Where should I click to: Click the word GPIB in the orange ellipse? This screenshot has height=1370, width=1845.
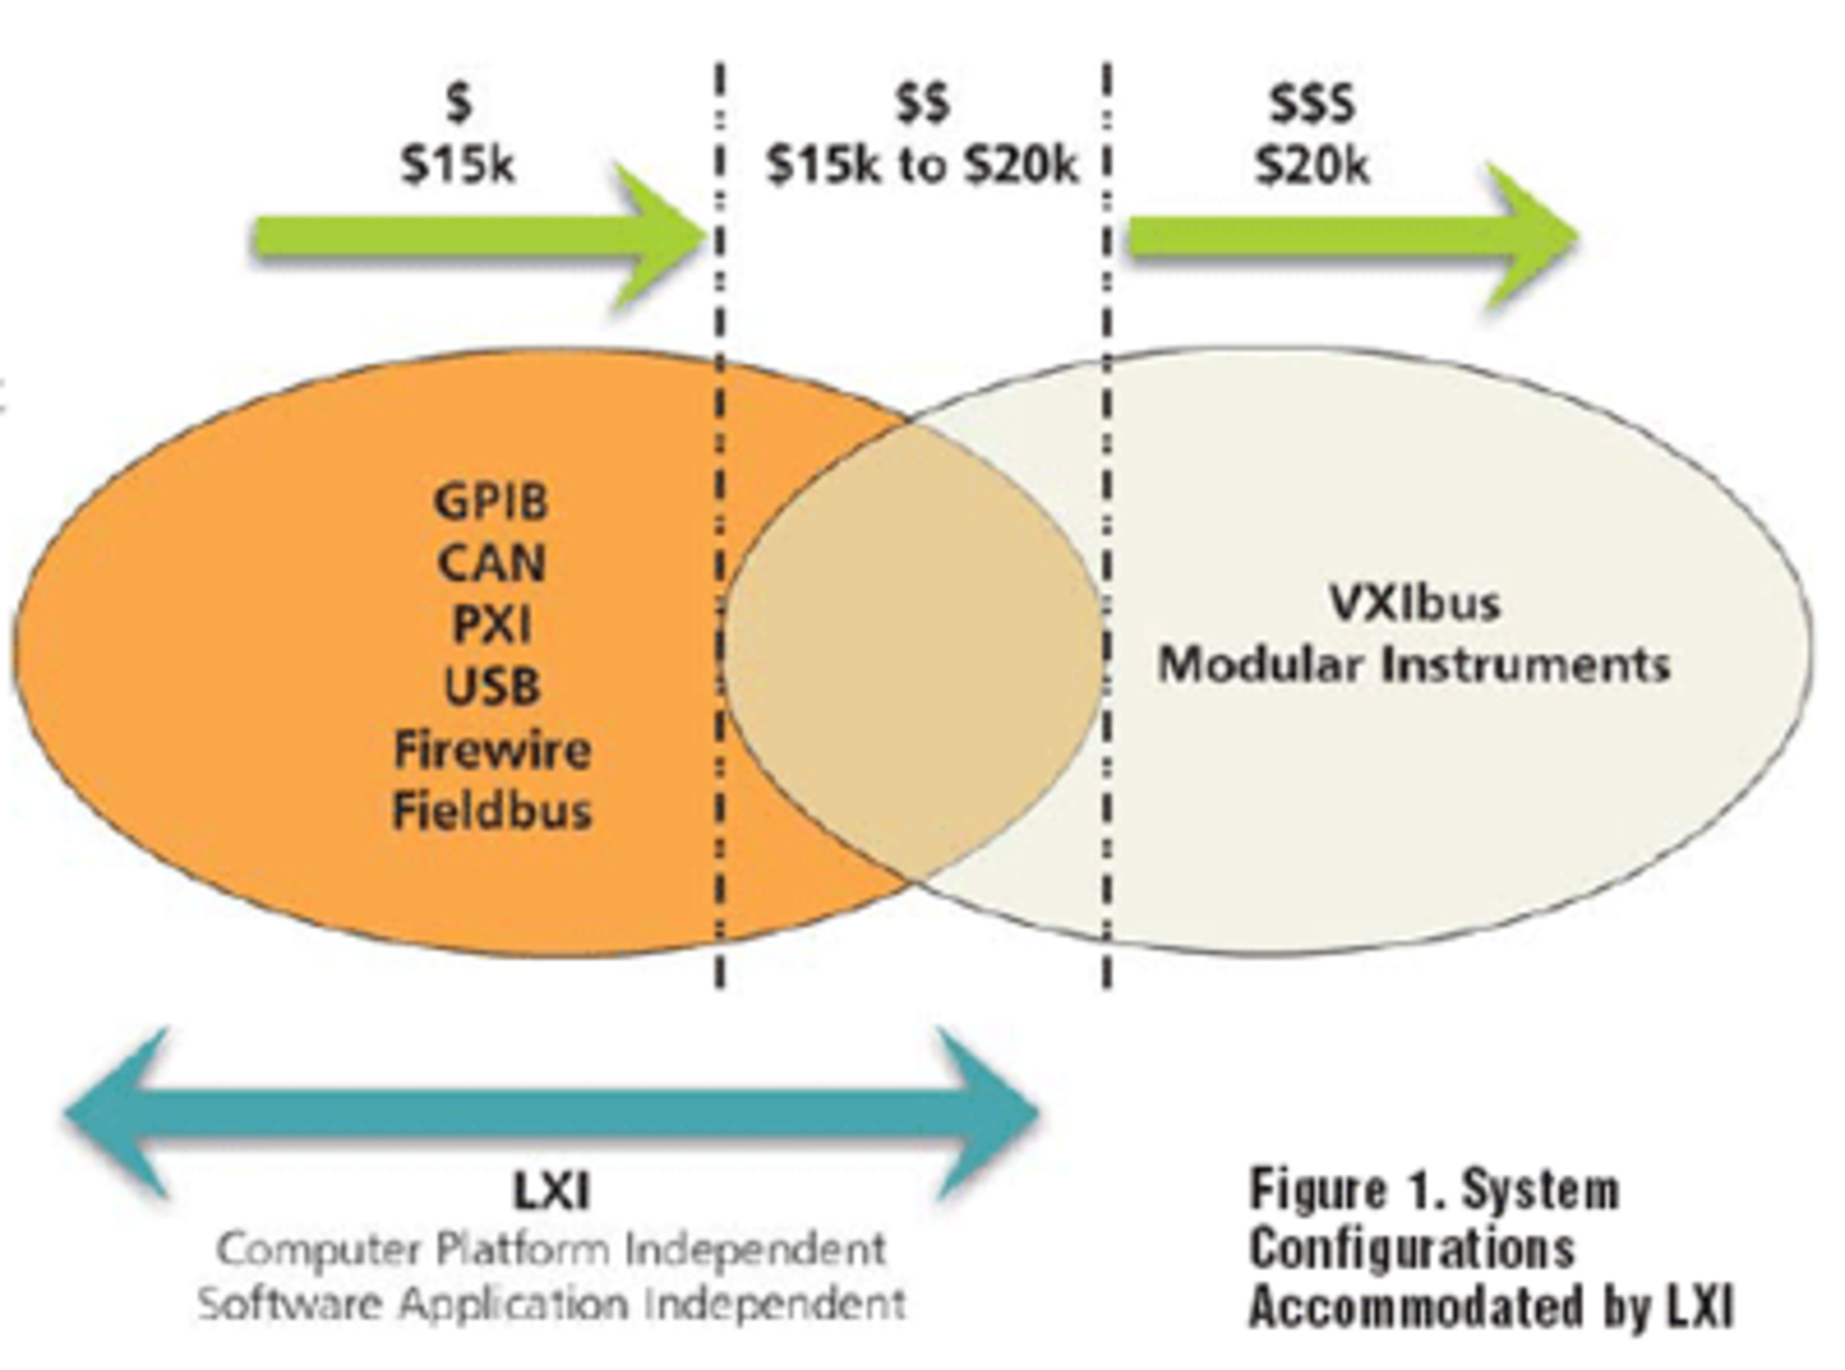[491, 502]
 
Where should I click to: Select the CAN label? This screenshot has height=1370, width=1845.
[491, 563]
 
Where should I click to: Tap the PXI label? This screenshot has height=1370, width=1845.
[491, 625]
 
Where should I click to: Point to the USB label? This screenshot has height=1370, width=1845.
[491, 687]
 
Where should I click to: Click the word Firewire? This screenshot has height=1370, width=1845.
[492, 749]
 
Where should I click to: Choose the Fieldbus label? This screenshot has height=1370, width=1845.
[492, 811]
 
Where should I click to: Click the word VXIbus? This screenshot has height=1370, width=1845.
[1414, 603]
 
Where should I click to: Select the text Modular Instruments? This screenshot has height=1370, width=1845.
[1414, 665]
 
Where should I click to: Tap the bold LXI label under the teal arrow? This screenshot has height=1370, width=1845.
[552, 1192]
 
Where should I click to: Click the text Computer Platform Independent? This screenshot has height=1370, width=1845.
[552, 1250]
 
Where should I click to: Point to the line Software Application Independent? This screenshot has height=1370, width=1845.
[552, 1305]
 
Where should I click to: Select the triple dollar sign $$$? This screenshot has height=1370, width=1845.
[1311, 104]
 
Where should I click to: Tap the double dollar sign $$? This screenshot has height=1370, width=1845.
[922, 103]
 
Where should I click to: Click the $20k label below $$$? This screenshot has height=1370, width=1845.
[1312, 166]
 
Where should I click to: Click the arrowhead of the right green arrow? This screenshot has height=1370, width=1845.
[1533, 236]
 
